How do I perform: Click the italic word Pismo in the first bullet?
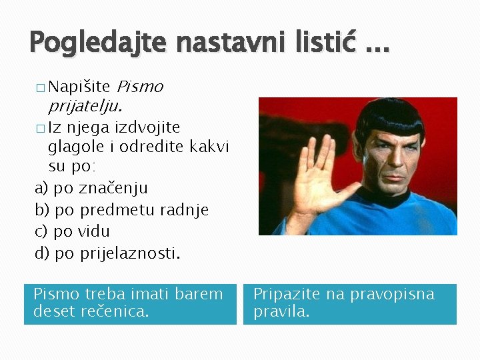140,87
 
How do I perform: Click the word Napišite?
79,87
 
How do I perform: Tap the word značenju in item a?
113,188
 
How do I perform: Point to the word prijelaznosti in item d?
130,253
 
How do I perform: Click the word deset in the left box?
53,311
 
